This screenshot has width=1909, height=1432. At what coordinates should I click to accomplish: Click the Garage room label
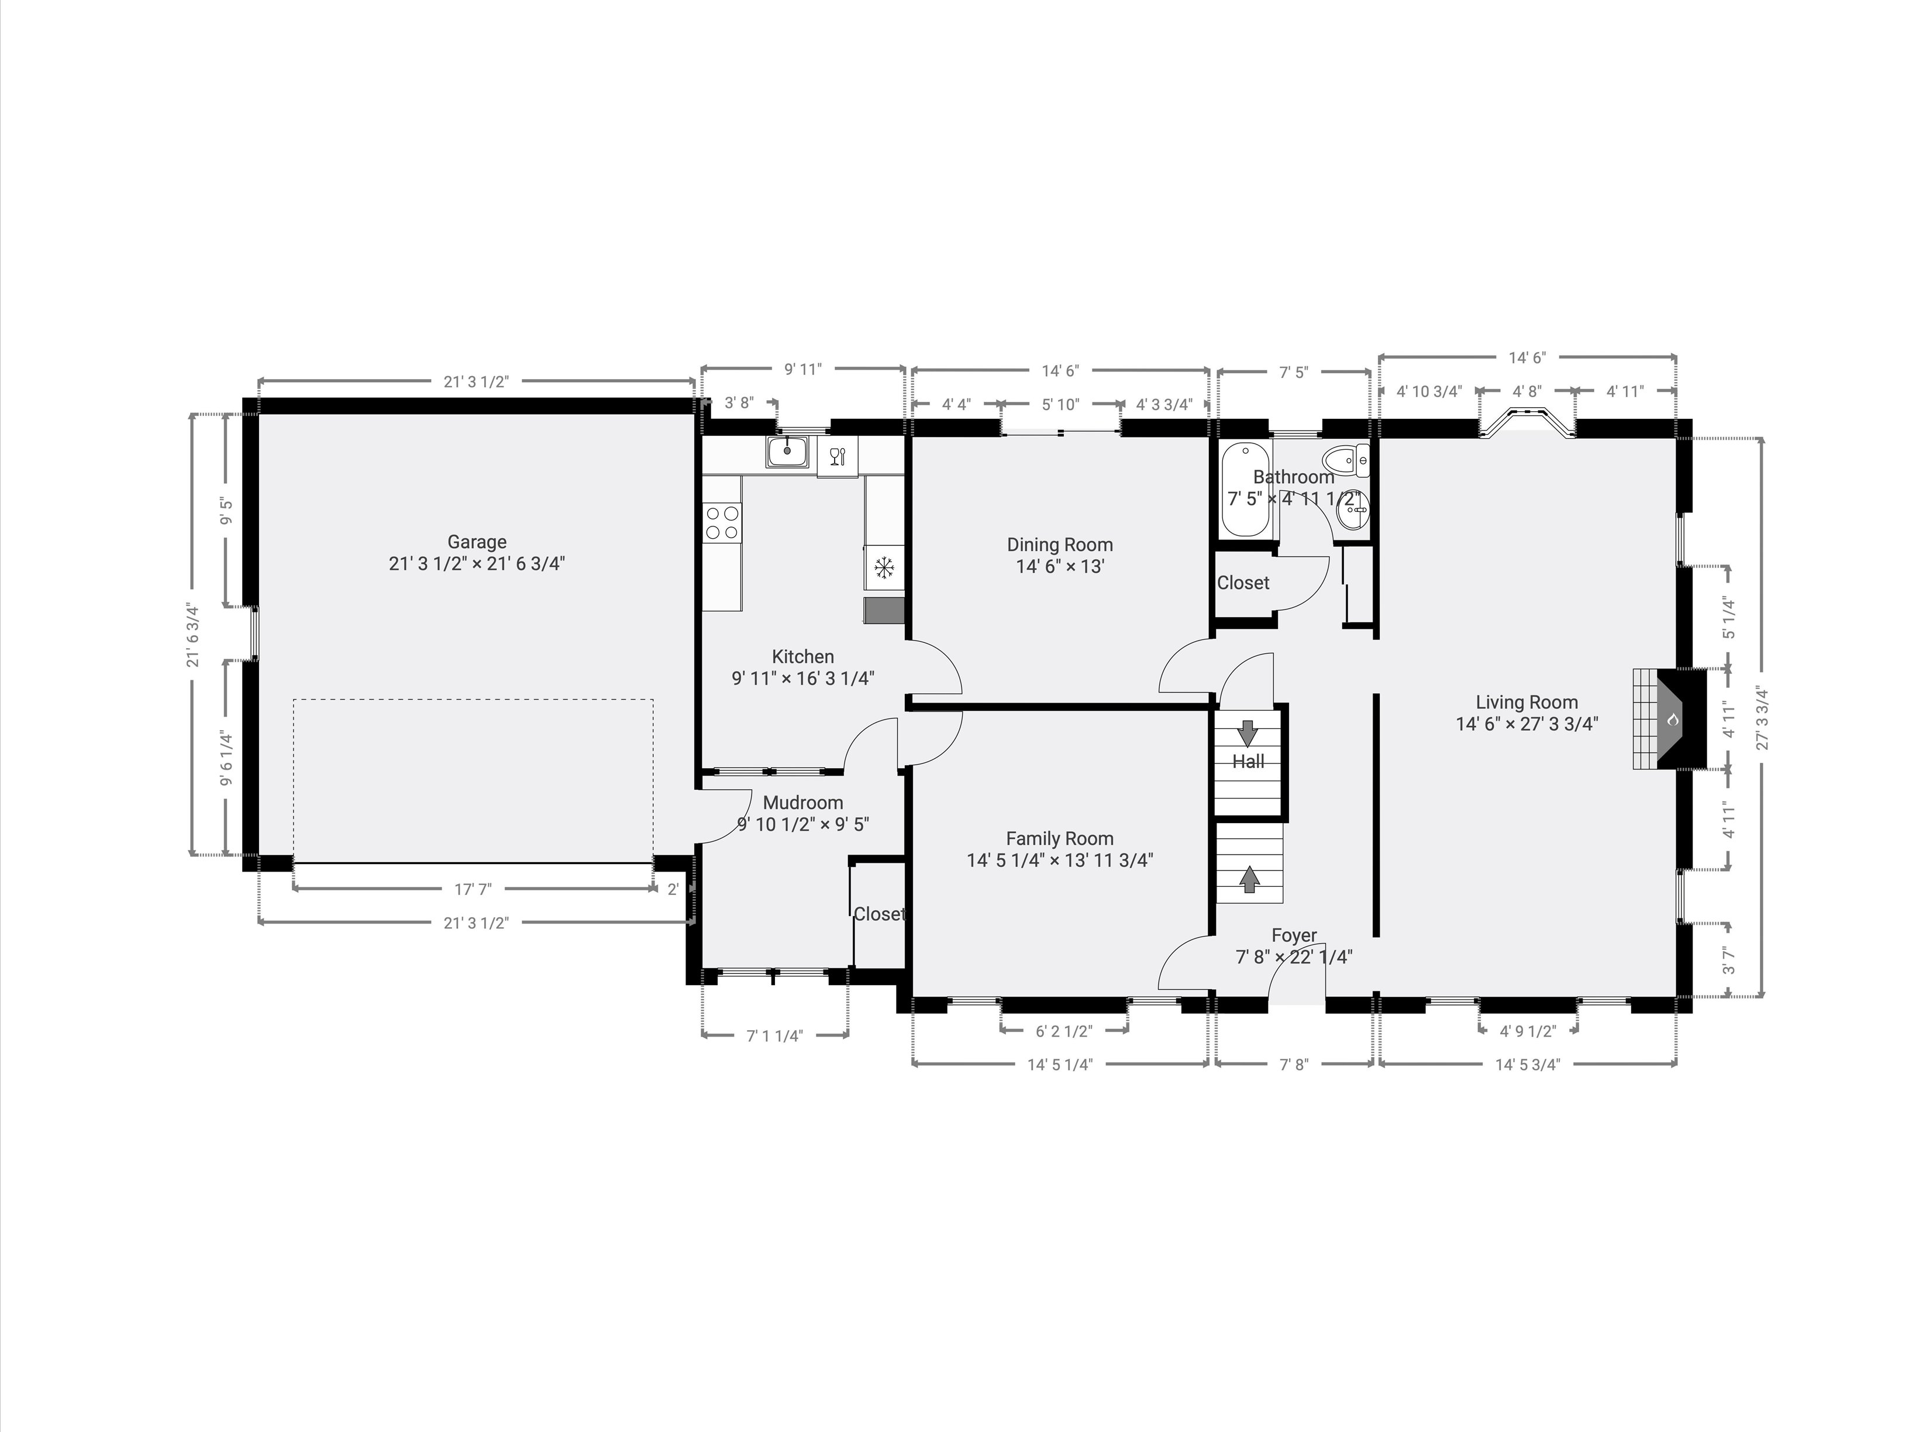pos(477,542)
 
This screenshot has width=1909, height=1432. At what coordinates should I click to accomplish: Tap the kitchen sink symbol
pos(787,452)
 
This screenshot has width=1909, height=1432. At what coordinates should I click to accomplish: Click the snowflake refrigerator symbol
pos(884,568)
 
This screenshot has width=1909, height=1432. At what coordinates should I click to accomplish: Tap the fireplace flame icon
pos(1672,719)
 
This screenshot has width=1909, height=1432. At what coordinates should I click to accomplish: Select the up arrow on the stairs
pos(1249,878)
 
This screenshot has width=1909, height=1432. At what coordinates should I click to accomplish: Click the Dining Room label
pos(1060,545)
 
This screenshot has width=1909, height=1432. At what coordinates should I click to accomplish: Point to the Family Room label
pos(1060,838)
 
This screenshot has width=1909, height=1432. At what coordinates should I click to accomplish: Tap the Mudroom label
pos(802,803)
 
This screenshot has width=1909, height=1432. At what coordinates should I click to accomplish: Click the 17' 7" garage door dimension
pos(473,889)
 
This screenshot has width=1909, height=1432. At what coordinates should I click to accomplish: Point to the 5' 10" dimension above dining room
pos(1060,404)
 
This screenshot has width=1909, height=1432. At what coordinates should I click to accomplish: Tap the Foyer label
pos(1294,936)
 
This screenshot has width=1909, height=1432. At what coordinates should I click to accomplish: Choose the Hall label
pos(1248,761)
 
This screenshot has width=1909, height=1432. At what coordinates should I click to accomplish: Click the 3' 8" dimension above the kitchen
pos(739,402)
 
